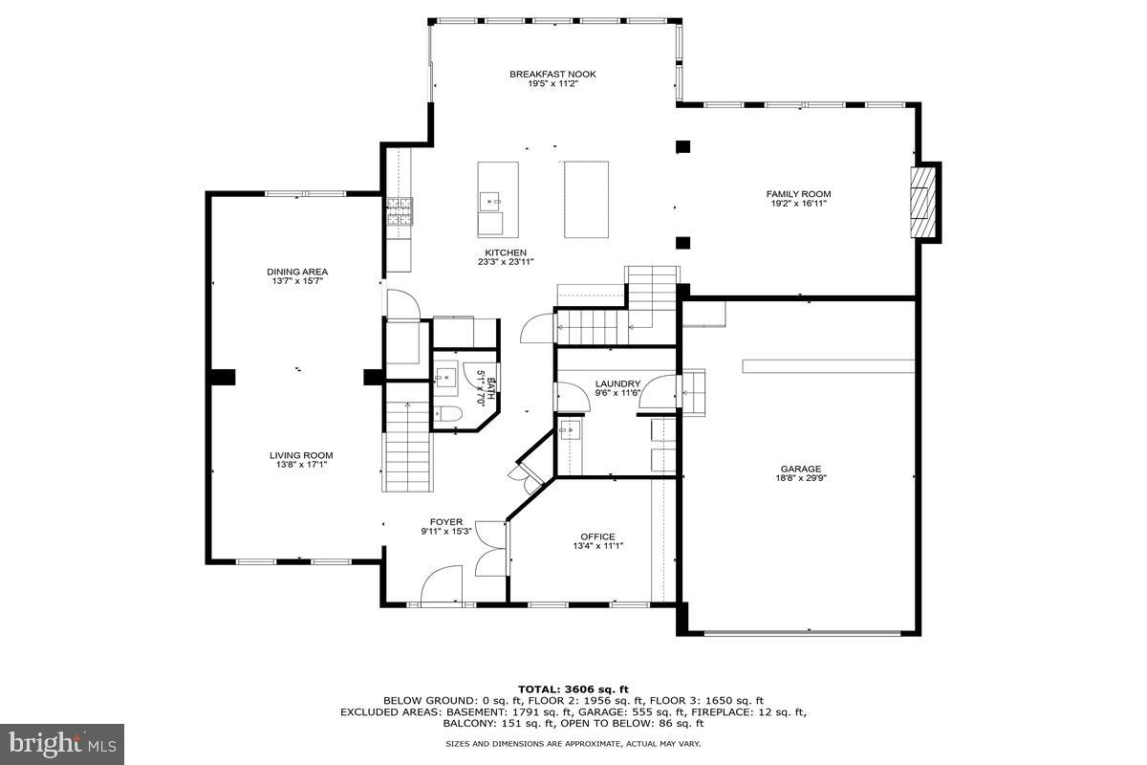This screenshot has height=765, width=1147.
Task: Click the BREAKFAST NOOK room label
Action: (x=552, y=75)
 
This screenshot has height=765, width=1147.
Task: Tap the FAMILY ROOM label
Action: (x=798, y=194)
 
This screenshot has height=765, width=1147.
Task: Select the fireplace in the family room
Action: (x=922, y=202)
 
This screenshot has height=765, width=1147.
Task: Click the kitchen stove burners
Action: (x=400, y=211)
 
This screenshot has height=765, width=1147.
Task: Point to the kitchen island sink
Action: (x=491, y=202)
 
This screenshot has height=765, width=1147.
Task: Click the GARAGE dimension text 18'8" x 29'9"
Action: (x=801, y=478)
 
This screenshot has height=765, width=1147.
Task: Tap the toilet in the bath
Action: (x=448, y=413)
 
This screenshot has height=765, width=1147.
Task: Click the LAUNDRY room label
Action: (x=617, y=383)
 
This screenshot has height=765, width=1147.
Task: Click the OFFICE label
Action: (x=597, y=537)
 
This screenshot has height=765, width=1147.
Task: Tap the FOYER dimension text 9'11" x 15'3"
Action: (x=446, y=532)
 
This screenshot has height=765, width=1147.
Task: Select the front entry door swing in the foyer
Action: (x=441, y=584)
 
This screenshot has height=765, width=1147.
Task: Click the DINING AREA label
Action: (x=297, y=273)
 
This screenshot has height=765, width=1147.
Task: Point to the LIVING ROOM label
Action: (x=301, y=455)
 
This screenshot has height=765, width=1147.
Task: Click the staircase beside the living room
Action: (x=407, y=446)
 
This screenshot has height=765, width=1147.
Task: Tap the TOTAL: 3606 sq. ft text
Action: (x=573, y=689)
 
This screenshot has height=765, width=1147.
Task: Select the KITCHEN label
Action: (x=506, y=252)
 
